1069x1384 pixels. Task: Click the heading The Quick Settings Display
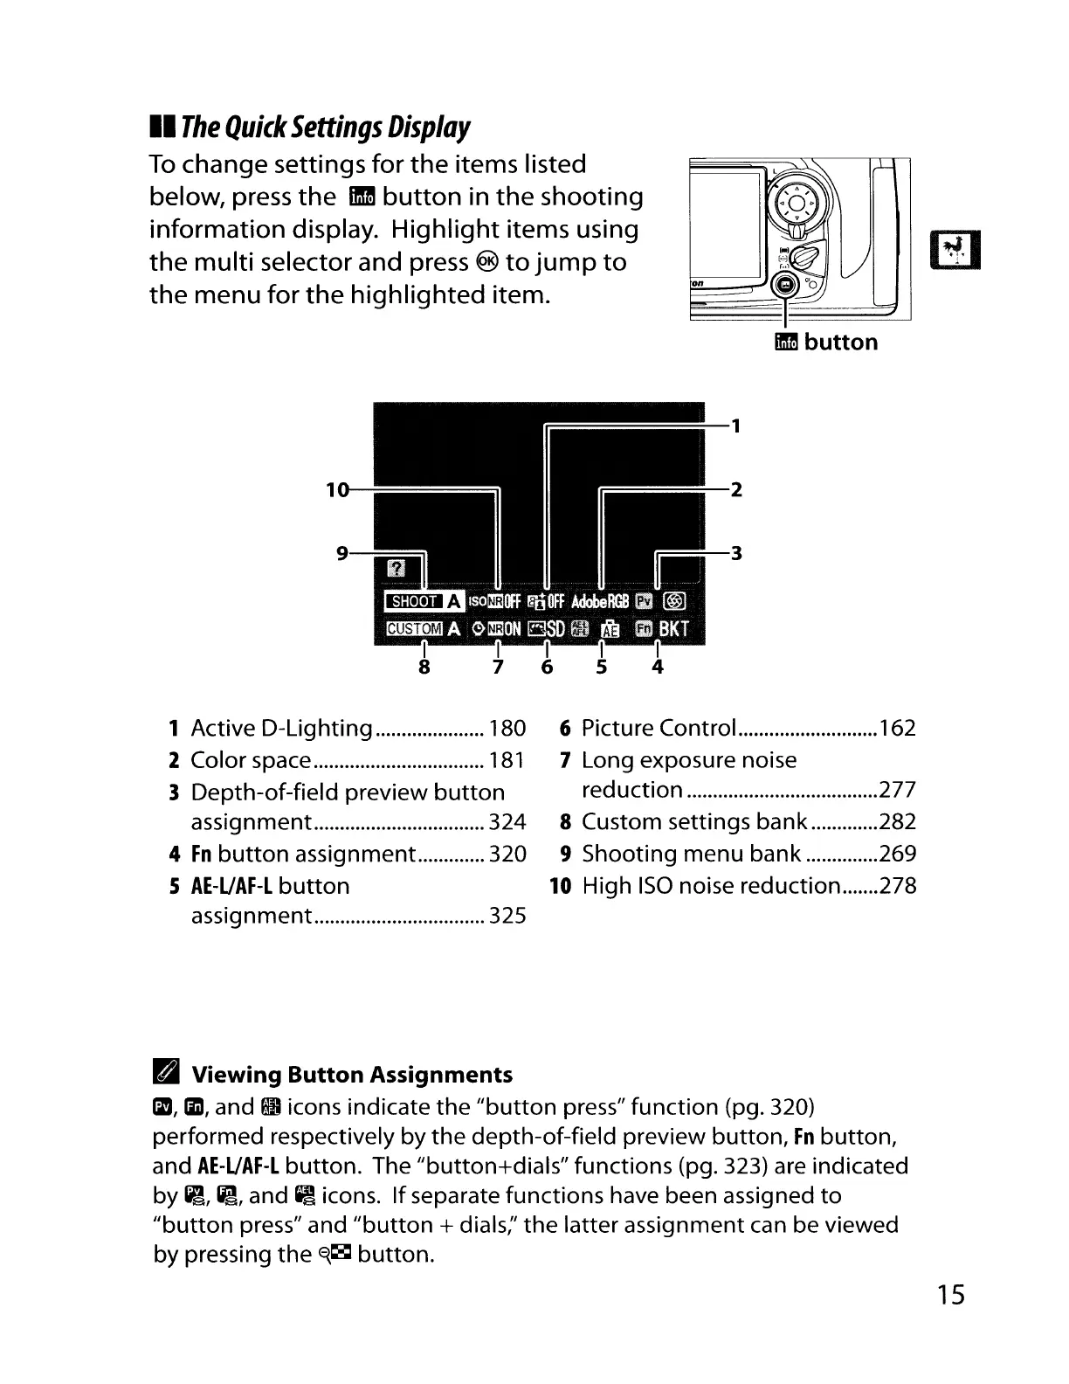point(324,128)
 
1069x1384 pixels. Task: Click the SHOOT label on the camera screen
point(414,601)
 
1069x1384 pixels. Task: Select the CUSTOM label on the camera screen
point(414,629)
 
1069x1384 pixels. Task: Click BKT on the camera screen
point(674,629)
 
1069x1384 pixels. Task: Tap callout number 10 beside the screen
point(337,490)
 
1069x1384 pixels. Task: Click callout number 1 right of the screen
point(736,426)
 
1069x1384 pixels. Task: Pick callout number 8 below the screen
point(424,668)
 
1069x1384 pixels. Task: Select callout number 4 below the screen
point(658,668)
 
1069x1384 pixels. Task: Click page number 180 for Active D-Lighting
point(507,729)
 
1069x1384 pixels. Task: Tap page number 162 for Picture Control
point(898,729)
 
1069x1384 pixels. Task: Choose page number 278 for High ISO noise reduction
point(898,886)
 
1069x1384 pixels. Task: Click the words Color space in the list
point(251,760)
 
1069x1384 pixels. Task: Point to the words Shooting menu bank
point(691,854)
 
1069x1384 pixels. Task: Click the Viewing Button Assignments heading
point(352,1075)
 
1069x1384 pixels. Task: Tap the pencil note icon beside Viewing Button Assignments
point(165,1073)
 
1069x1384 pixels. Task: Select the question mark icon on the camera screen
point(396,570)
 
